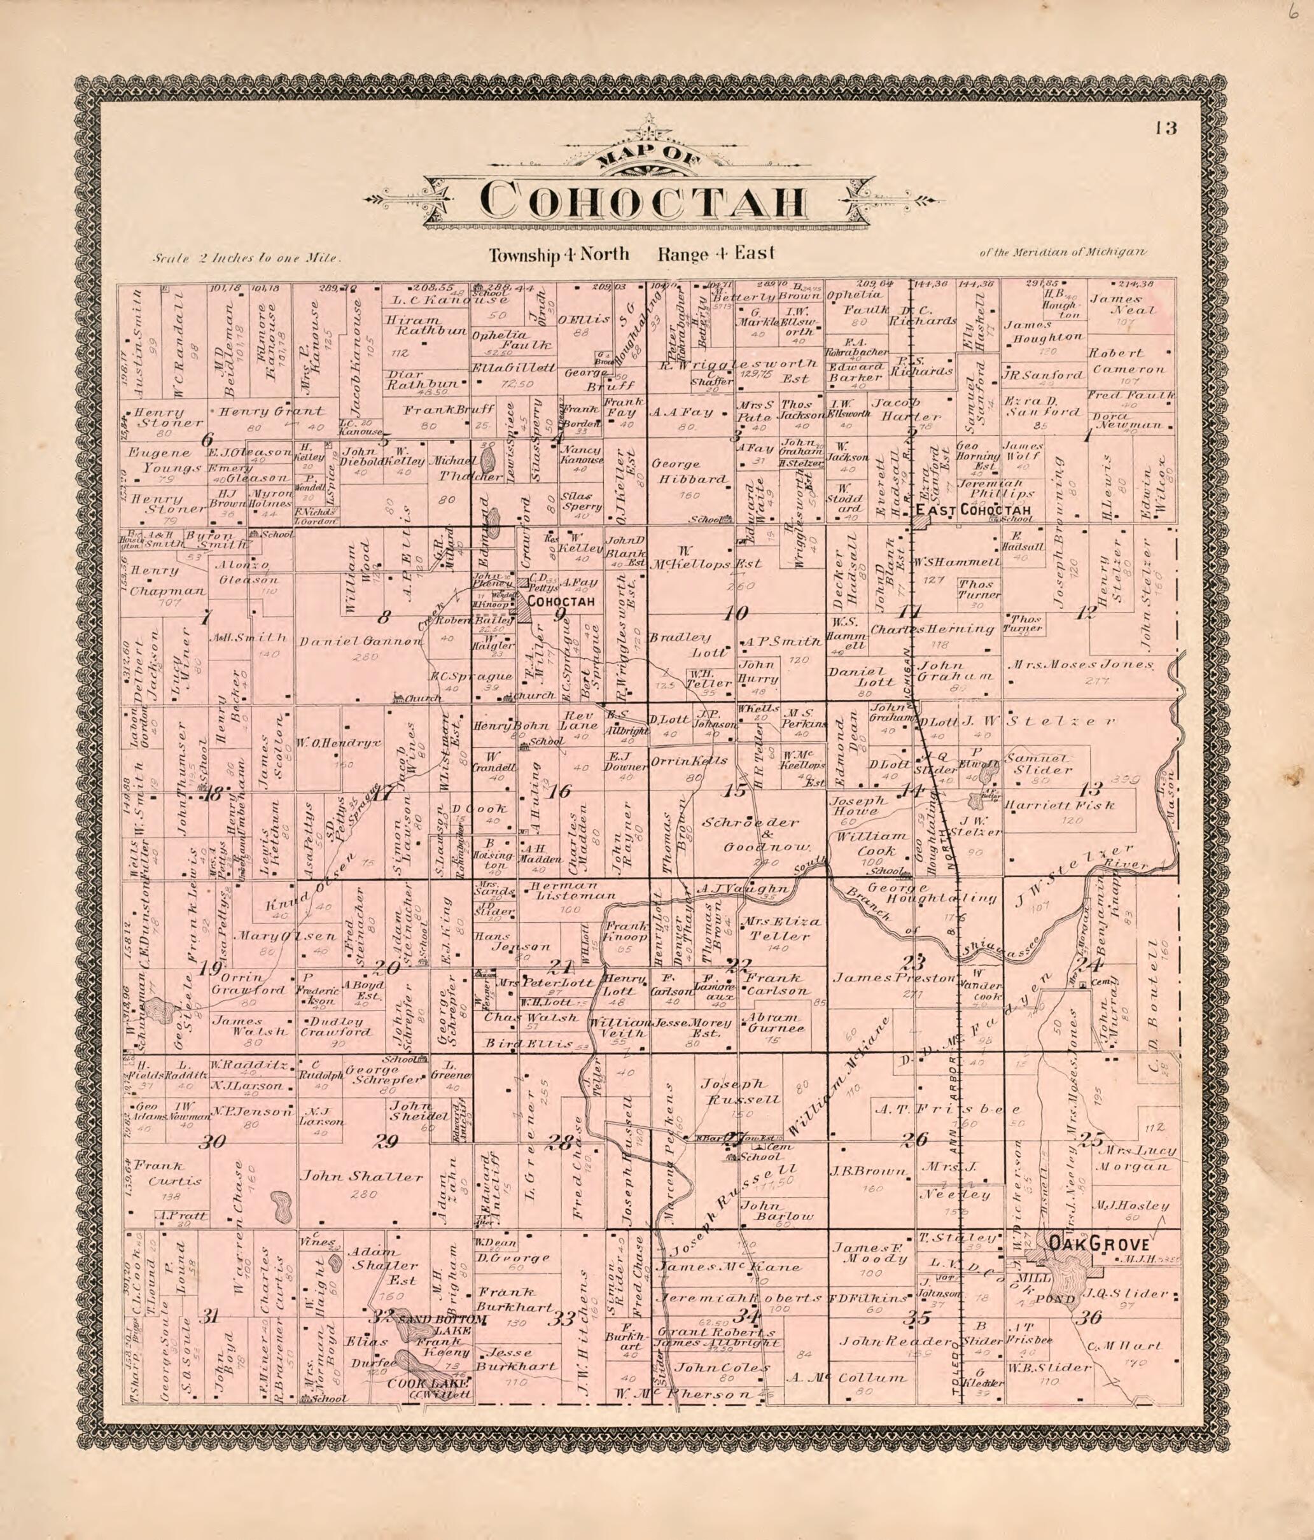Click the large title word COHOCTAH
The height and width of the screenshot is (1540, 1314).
coord(643,200)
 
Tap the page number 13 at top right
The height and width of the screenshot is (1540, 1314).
coord(1165,128)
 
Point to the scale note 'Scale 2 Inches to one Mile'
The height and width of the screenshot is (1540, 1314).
coord(246,260)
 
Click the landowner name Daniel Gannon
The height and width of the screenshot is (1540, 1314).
coord(360,641)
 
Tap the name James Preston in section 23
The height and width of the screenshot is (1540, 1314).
coord(893,978)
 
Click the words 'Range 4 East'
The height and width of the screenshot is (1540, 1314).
coord(716,254)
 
